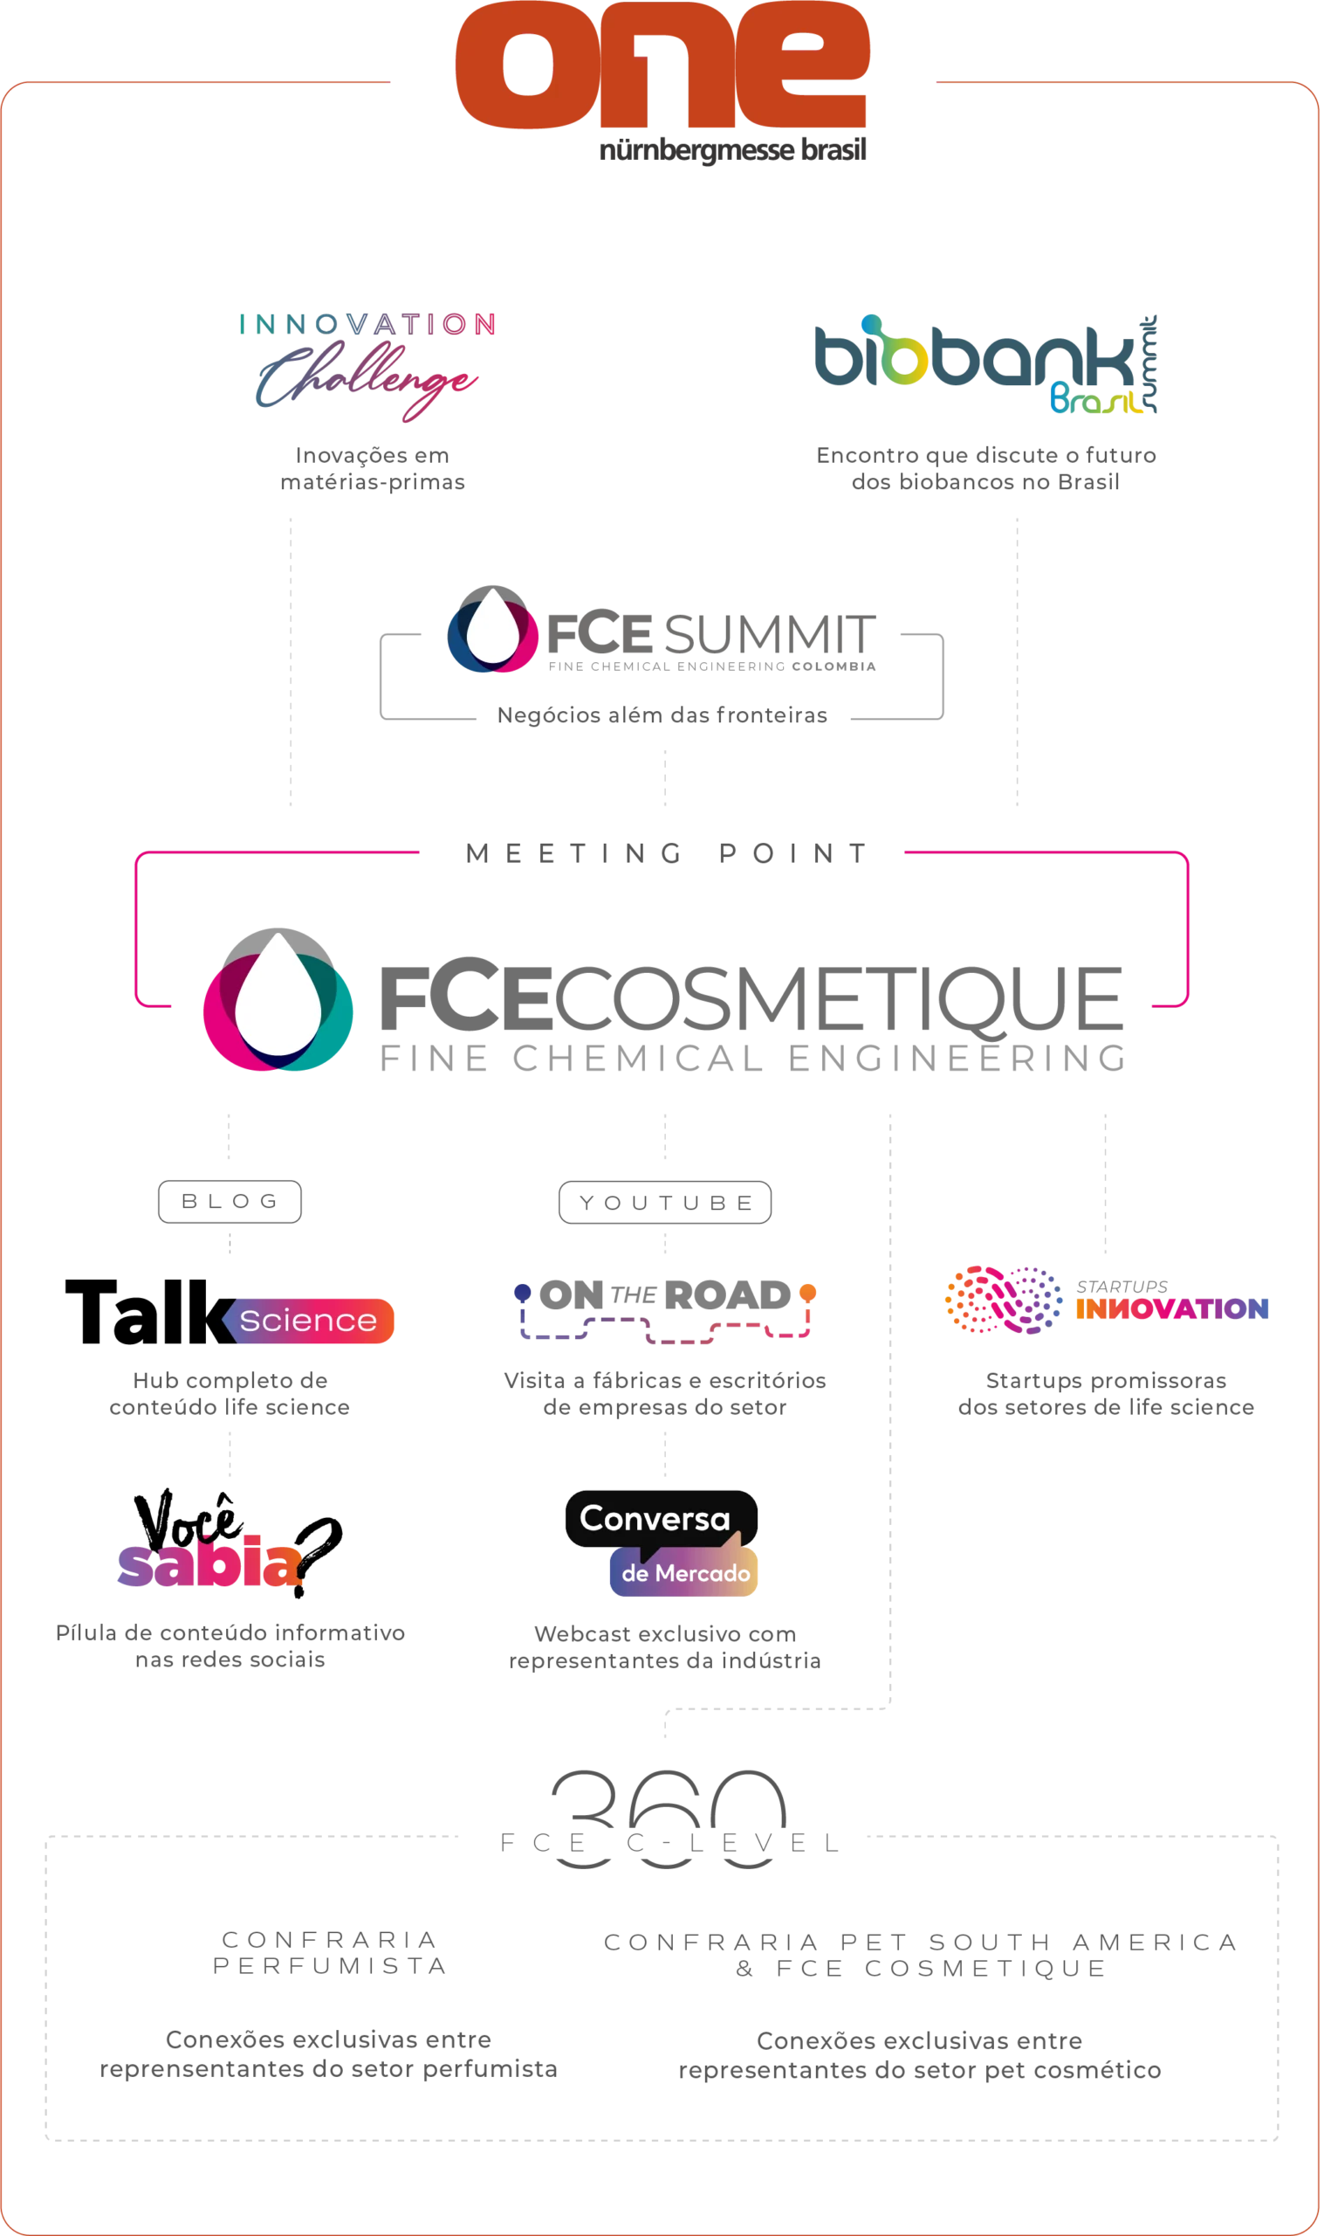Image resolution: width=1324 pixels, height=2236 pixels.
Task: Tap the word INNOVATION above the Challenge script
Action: tap(367, 323)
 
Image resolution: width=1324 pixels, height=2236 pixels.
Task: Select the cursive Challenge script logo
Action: tap(367, 384)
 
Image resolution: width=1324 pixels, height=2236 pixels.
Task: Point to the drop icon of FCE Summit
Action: tap(492, 628)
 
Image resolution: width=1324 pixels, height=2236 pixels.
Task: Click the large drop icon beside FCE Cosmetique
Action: tap(278, 999)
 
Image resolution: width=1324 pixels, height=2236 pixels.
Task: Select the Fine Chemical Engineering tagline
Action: tap(750, 1060)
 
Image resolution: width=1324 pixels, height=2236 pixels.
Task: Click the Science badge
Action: tap(309, 1320)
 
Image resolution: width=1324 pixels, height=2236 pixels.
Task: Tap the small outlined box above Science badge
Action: tap(230, 1202)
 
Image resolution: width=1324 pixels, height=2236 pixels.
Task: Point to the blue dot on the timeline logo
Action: tap(521, 1291)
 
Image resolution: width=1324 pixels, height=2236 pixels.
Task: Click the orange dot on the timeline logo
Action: tap(806, 1291)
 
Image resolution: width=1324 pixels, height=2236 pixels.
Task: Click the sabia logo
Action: tap(210, 1562)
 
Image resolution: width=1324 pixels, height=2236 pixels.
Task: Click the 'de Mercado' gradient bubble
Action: tap(685, 1573)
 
